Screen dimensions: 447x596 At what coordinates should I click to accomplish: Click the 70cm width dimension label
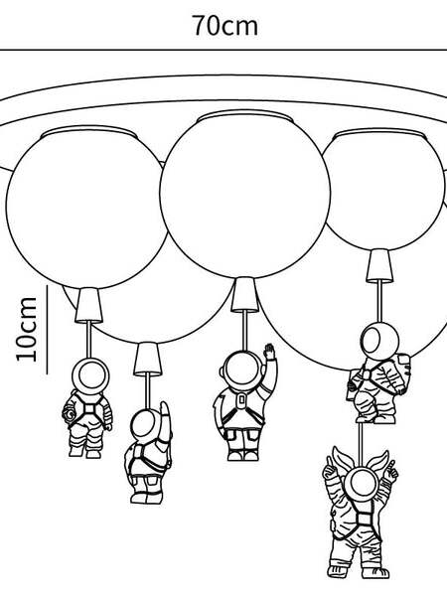click(x=225, y=26)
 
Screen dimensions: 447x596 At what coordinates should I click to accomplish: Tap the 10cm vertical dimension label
click(x=27, y=329)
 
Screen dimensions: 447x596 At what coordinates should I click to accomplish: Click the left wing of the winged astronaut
click(x=340, y=459)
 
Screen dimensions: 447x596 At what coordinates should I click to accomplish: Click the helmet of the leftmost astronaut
click(x=90, y=375)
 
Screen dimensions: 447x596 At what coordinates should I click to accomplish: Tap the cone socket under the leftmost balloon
click(x=89, y=305)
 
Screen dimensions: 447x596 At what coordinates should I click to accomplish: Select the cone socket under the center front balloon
click(x=244, y=294)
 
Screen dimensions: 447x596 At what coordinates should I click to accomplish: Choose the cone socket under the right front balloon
click(x=379, y=265)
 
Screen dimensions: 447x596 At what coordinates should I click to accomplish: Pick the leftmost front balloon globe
click(x=86, y=208)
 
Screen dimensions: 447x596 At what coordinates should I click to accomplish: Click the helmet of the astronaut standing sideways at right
click(x=379, y=340)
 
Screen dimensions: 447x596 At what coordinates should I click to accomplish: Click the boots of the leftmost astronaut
click(x=84, y=452)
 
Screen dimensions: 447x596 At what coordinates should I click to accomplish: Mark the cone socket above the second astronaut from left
click(x=147, y=359)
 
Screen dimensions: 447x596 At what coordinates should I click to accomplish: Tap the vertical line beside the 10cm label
click(x=47, y=329)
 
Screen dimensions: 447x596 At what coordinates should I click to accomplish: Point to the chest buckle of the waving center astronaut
click(x=240, y=399)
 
